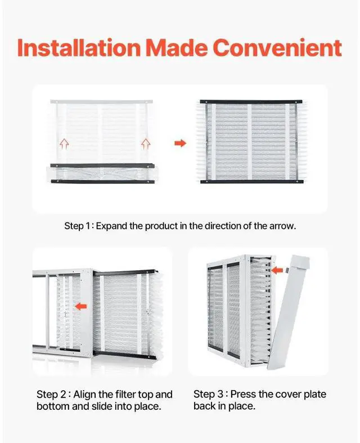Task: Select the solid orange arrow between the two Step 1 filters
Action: [180, 144]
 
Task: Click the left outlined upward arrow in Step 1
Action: [64, 143]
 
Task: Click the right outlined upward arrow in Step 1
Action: [146, 143]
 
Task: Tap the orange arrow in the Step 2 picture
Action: [82, 306]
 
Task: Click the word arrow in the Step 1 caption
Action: [282, 226]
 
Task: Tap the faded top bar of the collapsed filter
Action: [101, 101]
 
